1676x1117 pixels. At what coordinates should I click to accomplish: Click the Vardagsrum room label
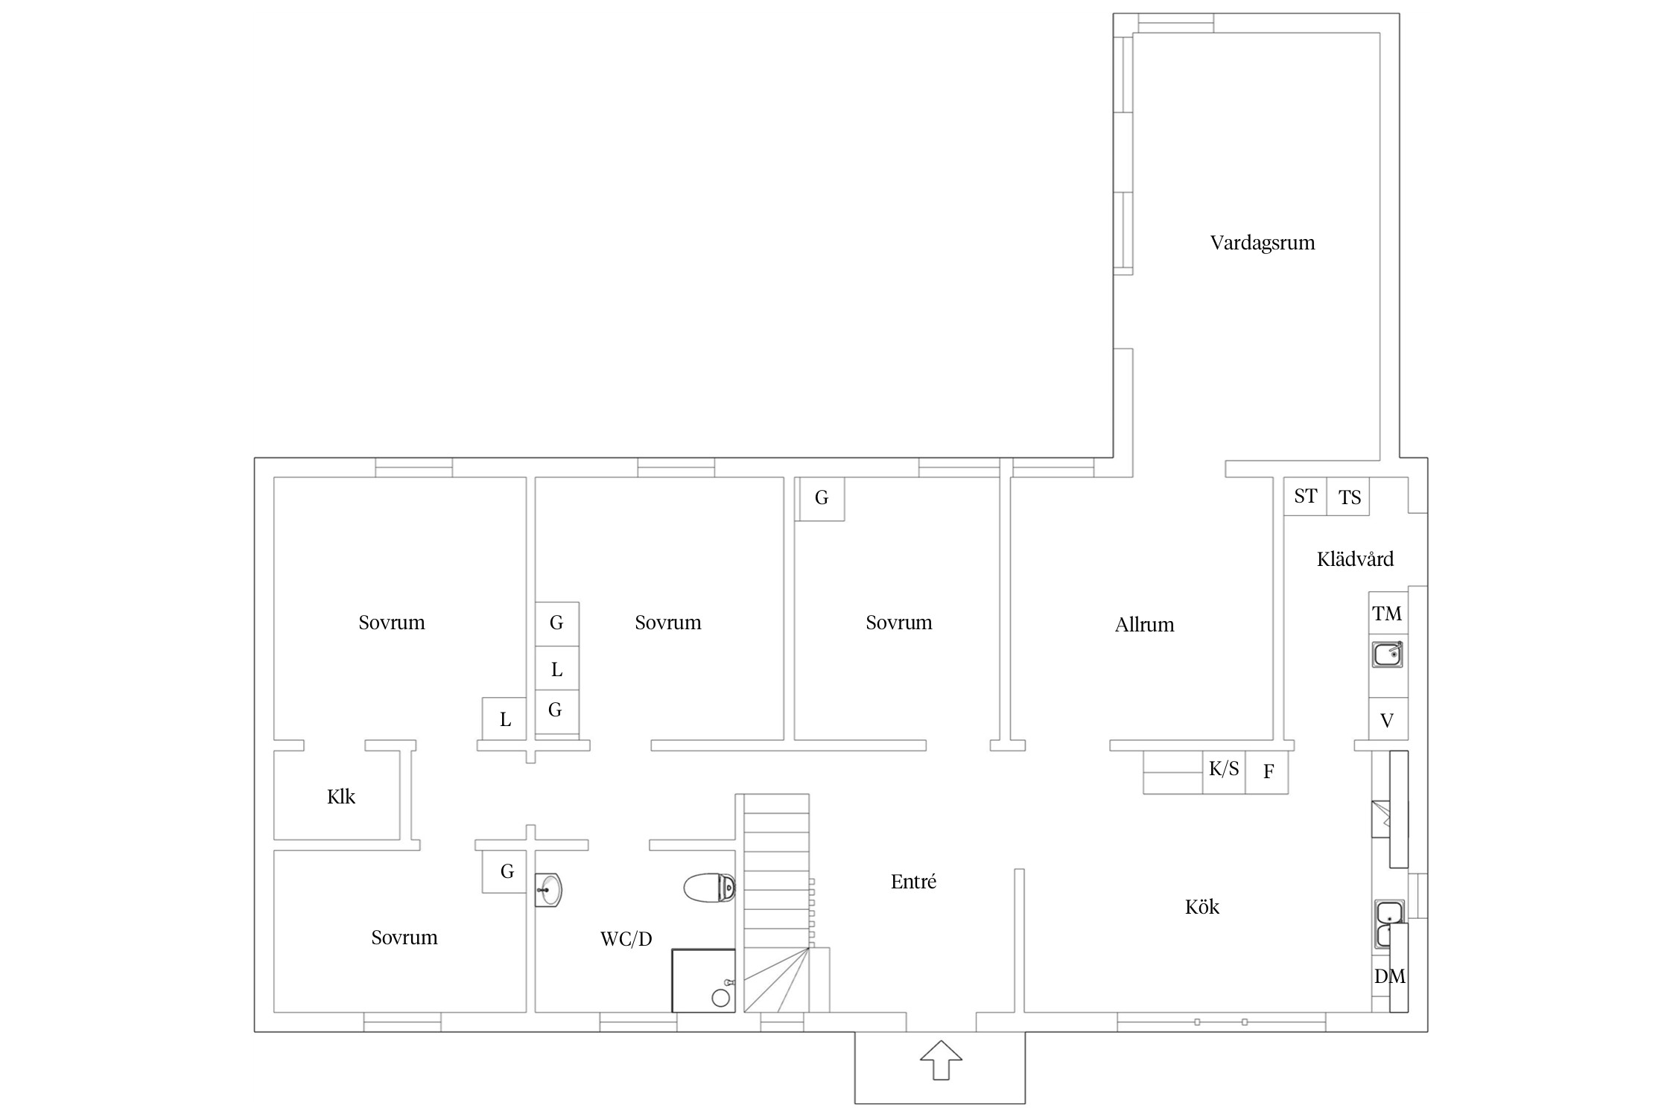pyautogui.click(x=1263, y=244)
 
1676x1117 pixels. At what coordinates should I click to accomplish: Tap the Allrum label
pyautogui.click(x=1144, y=625)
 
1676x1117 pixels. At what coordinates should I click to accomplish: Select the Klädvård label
pyautogui.click(x=1355, y=559)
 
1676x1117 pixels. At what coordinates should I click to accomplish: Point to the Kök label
pyautogui.click(x=1202, y=907)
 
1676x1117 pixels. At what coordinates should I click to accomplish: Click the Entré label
pyautogui.click(x=913, y=882)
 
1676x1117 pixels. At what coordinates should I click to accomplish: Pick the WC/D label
pyautogui.click(x=626, y=940)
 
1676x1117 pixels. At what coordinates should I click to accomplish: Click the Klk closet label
pyautogui.click(x=341, y=797)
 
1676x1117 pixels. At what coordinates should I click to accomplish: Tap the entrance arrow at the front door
pyautogui.click(x=941, y=1060)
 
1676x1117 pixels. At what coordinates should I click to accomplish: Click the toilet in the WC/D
pyautogui.click(x=710, y=887)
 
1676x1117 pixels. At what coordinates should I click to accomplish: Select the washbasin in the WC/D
pyautogui.click(x=548, y=890)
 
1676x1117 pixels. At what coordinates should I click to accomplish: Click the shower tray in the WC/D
pyautogui.click(x=703, y=981)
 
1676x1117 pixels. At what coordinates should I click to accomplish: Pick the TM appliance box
pyautogui.click(x=1388, y=614)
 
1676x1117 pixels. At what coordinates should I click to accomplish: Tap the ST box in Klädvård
pyautogui.click(x=1305, y=496)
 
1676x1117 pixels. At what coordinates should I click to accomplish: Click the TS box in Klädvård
pyautogui.click(x=1348, y=497)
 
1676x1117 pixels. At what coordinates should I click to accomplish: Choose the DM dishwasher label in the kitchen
pyautogui.click(x=1390, y=976)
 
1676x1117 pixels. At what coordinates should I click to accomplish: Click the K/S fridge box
pyautogui.click(x=1224, y=772)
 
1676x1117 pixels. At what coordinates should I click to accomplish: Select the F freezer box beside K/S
pyautogui.click(x=1267, y=772)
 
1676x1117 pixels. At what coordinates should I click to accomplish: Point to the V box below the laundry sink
pyautogui.click(x=1388, y=719)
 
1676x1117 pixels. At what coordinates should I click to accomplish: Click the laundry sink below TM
pyautogui.click(x=1388, y=655)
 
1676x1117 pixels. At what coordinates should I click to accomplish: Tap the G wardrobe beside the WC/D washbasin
pyautogui.click(x=507, y=871)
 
